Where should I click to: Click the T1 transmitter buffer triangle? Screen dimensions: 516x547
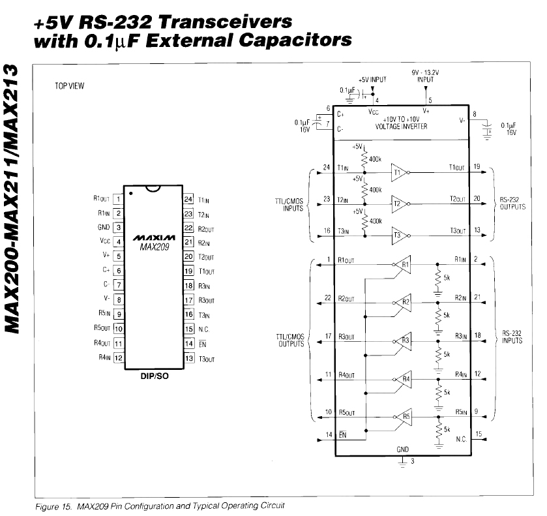coord(399,173)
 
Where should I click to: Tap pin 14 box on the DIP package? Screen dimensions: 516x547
coord(189,343)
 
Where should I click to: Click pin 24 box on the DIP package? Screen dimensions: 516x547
coord(189,199)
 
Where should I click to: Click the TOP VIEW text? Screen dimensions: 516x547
coord(70,85)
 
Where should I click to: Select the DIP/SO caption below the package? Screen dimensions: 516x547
coord(155,376)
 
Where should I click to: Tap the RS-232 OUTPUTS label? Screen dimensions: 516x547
coord(514,204)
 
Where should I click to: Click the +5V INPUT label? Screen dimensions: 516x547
coord(372,79)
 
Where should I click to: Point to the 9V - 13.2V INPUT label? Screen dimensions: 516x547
coord(425,76)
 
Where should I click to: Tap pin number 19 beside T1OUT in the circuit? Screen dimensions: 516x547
coord(477,167)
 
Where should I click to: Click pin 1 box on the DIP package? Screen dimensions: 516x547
coord(118,199)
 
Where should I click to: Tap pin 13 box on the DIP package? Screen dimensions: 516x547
coord(189,358)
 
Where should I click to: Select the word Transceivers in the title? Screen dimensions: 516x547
coord(225,21)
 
